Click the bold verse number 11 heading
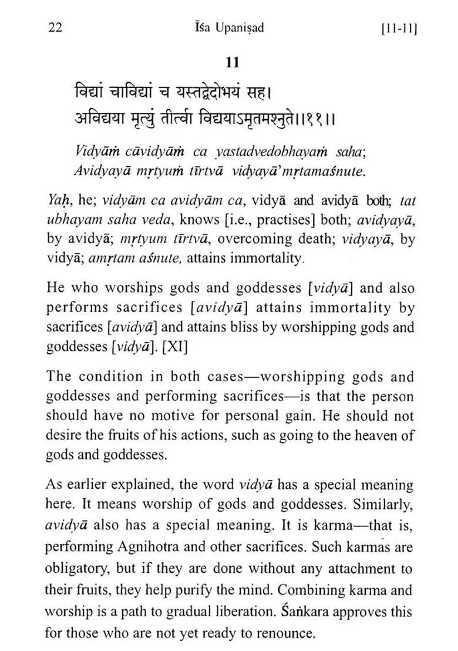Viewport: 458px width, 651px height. click(x=232, y=62)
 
